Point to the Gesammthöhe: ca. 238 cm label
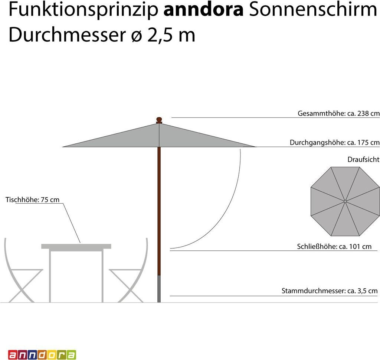point(338,113)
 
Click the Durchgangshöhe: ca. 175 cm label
point(334,143)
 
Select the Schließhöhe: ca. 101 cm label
point(334,246)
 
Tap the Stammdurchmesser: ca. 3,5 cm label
point(330,291)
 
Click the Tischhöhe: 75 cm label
point(33,200)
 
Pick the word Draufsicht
point(363,159)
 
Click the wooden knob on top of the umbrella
point(159,120)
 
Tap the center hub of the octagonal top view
point(345,201)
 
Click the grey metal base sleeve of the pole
point(159,289)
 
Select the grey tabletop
point(76,246)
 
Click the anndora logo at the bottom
point(42,354)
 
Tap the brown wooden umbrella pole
point(159,208)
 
